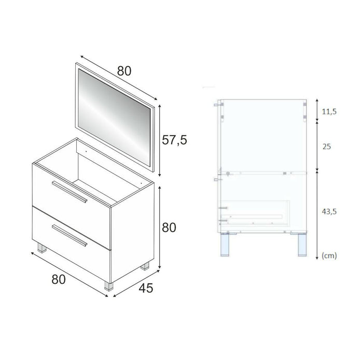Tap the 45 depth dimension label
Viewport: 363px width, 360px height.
[146, 289]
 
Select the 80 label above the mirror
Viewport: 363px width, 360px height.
[124, 71]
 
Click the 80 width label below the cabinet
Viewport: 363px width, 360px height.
[58, 280]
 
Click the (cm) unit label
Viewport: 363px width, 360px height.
[330, 255]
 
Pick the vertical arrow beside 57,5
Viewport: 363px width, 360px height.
[159, 140]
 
